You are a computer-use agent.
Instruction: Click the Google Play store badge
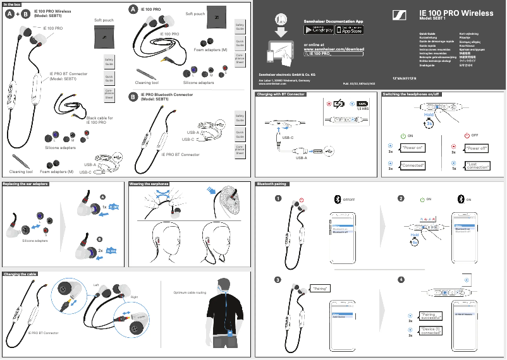[x=317, y=30]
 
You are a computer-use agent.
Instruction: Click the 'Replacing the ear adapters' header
[x=26, y=184]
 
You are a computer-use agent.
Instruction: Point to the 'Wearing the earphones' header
[x=149, y=184]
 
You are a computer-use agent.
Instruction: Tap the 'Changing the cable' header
[x=20, y=274]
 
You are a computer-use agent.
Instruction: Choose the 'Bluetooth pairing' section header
[x=272, y=184]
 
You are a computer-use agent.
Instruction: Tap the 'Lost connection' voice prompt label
[x=477, y=165]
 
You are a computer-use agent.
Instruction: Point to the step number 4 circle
[x=401, y=280]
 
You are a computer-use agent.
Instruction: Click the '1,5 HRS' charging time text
[x=363, y=109]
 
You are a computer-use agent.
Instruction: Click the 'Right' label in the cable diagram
[x=134, y=297]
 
